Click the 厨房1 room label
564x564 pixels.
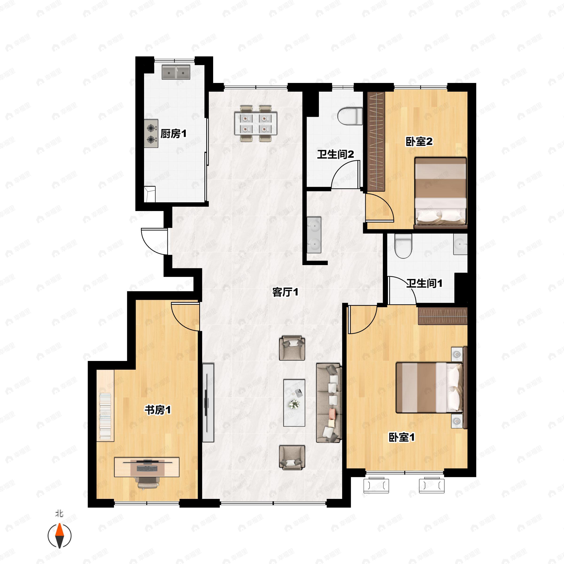173,134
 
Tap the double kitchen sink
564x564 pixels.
176,72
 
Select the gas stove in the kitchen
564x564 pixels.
151,133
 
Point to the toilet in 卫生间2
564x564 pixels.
350,116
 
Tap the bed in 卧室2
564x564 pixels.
440,193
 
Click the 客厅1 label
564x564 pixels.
285,292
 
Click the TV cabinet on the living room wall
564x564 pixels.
208,403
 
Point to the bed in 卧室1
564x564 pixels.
429,387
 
